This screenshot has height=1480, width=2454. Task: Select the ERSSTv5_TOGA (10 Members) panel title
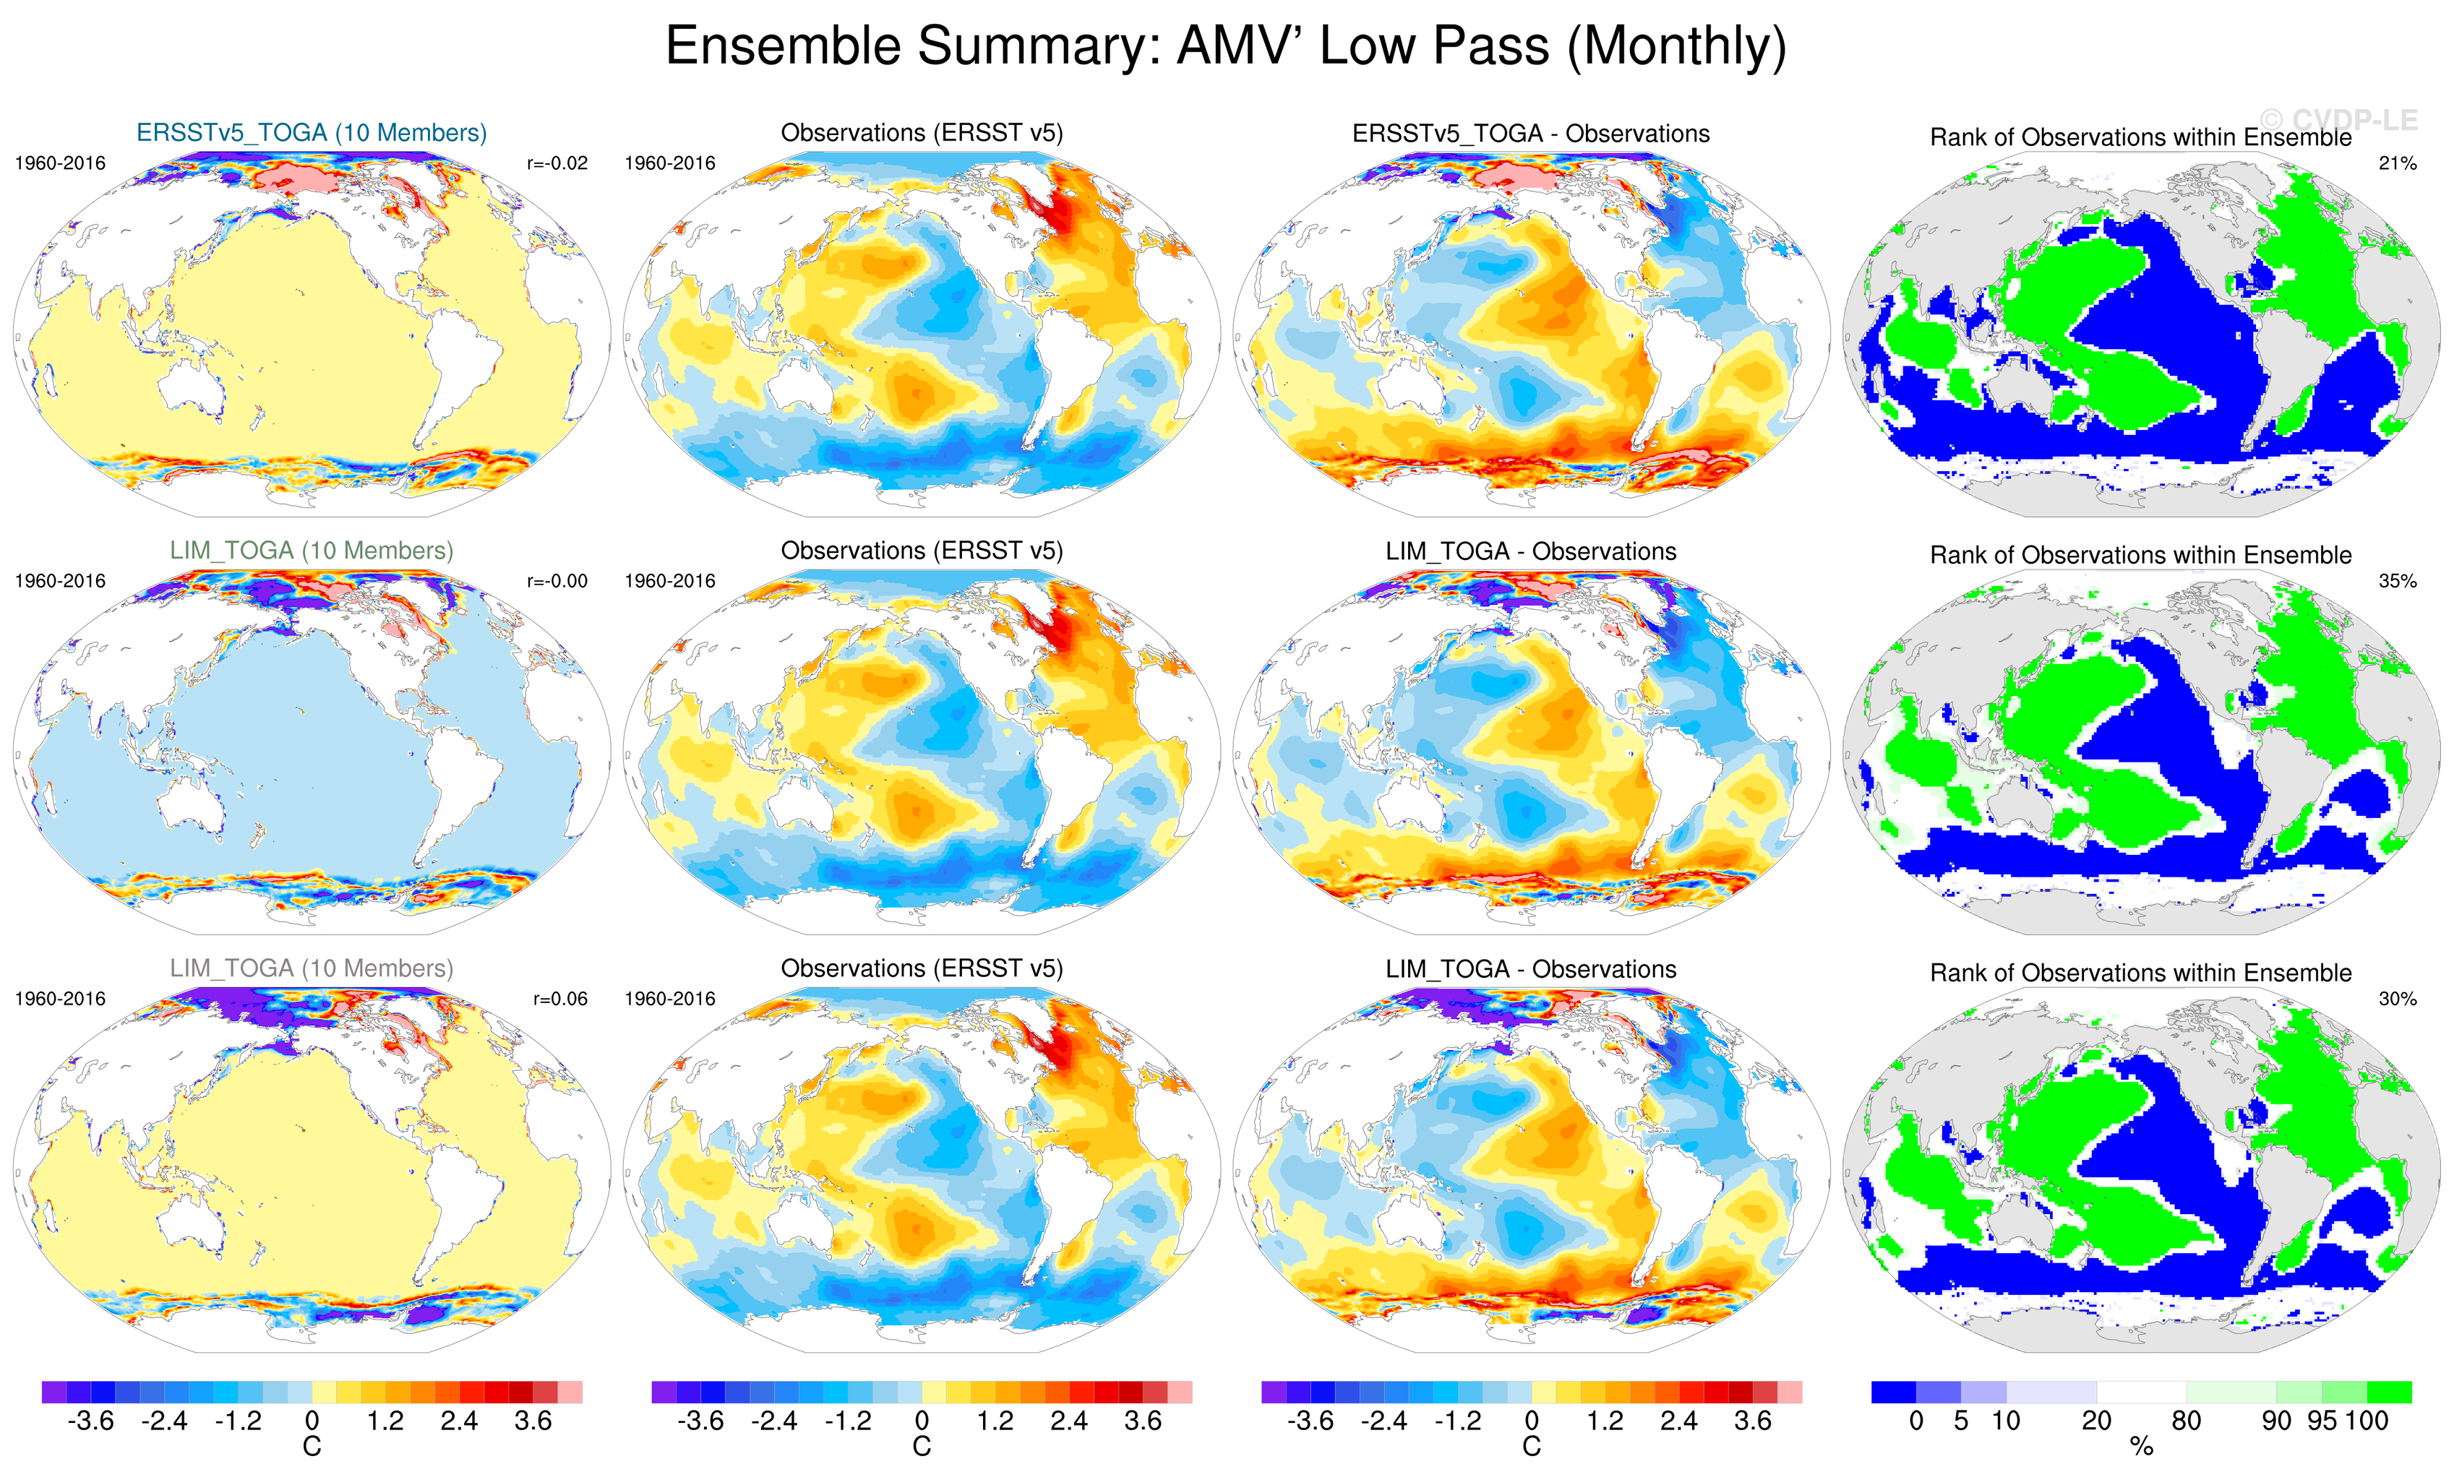click(311, 132)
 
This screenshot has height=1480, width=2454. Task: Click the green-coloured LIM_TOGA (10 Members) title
click(311, 551)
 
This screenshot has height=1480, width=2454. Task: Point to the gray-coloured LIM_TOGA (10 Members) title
click(311, 968)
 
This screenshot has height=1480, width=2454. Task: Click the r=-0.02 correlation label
click(557, 163)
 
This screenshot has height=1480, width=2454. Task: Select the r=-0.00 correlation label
click(557, 580)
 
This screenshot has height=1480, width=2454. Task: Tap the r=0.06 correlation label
click(559, 999)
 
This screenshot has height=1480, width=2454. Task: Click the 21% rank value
click(2397, 163)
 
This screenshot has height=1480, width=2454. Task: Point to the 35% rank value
click(2397, 580)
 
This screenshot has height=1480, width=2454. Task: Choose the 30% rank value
click(2397, 999)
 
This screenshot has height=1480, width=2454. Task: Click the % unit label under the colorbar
click(2141, 1447)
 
